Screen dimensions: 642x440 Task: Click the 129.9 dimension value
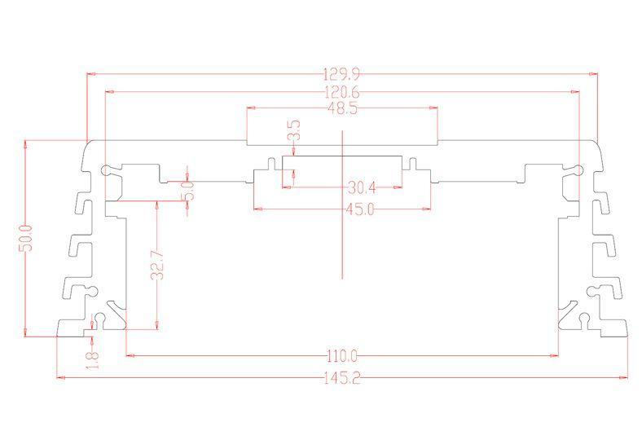[341, 74]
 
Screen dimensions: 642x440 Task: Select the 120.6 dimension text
[341, 93]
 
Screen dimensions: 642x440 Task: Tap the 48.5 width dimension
[342, 109]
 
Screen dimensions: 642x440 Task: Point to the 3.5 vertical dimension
[295, 130]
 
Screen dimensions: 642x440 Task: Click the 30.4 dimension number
[362, 188]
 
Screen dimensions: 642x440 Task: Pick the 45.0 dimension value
[360, 209]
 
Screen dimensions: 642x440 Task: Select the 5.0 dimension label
[189, 191]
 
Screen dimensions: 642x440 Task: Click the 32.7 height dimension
[157, 266]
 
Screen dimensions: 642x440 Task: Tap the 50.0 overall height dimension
[25, 237]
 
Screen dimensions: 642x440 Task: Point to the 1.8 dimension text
[93, 360]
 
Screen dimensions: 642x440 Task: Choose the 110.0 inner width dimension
[342, 356]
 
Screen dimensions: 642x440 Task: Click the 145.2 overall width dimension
[342, 378]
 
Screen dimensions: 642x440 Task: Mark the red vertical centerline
[342, 205]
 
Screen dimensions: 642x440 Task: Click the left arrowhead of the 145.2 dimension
[60, 377]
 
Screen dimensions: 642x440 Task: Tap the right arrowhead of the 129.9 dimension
[593, 74]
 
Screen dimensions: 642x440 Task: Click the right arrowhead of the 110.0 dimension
[553, 356]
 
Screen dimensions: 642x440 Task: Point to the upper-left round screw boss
[107, 169]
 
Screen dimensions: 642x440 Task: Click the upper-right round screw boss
[578, 169]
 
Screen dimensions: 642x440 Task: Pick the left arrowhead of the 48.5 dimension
[252, 108]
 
